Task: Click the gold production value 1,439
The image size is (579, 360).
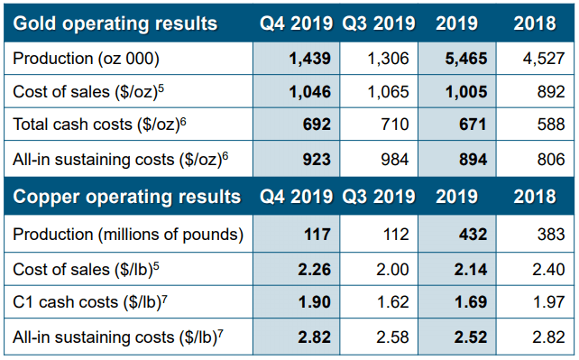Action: [x=310, y=59]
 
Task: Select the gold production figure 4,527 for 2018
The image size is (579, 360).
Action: [x=544, y=59]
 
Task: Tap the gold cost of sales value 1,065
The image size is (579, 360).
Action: [x=388, y=91]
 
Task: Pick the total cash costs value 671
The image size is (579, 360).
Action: [x=473, y=125]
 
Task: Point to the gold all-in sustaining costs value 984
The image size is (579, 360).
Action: [x=395, y=159]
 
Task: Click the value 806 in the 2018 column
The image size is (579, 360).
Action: [x=551, y=159]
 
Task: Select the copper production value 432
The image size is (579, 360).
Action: [x=473, y=234]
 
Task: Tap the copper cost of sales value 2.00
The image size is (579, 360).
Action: [x=392, y=269]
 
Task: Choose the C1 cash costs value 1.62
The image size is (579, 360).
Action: [x=393, y=302]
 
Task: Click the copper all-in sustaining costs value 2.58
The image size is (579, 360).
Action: [x=392, y=337]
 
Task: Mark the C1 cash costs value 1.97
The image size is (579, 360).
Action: [x=548, y=302]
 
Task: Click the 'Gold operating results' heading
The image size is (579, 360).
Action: [x=115, y=23]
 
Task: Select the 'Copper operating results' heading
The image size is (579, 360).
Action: [x=126, y=197]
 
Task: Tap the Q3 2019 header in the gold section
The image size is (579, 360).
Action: [x=379, y=23]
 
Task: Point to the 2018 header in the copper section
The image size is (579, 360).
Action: [x=535, y=197]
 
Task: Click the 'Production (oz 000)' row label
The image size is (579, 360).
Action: [x=86, y=59]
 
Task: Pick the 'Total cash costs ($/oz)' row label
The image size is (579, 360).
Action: [x=99, y=125]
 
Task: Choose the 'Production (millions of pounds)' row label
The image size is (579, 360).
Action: [x=128, y=235]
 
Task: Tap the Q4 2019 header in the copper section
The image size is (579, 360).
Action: [x=296, y=197]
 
